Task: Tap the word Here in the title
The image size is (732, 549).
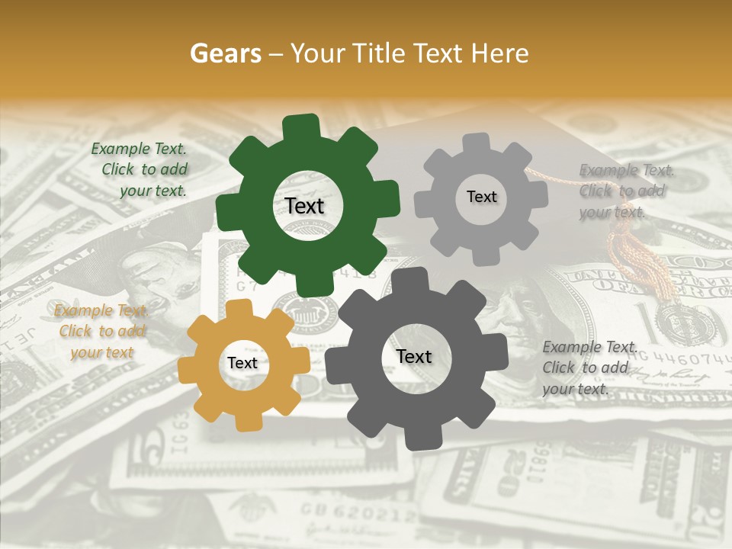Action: coord(499,53)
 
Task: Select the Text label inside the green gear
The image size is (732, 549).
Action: coord(304,206)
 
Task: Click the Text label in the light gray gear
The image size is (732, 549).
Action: coord(481,197)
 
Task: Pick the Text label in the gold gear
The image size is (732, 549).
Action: coord(242,363)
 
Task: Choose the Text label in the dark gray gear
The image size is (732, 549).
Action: coord(413,356)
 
